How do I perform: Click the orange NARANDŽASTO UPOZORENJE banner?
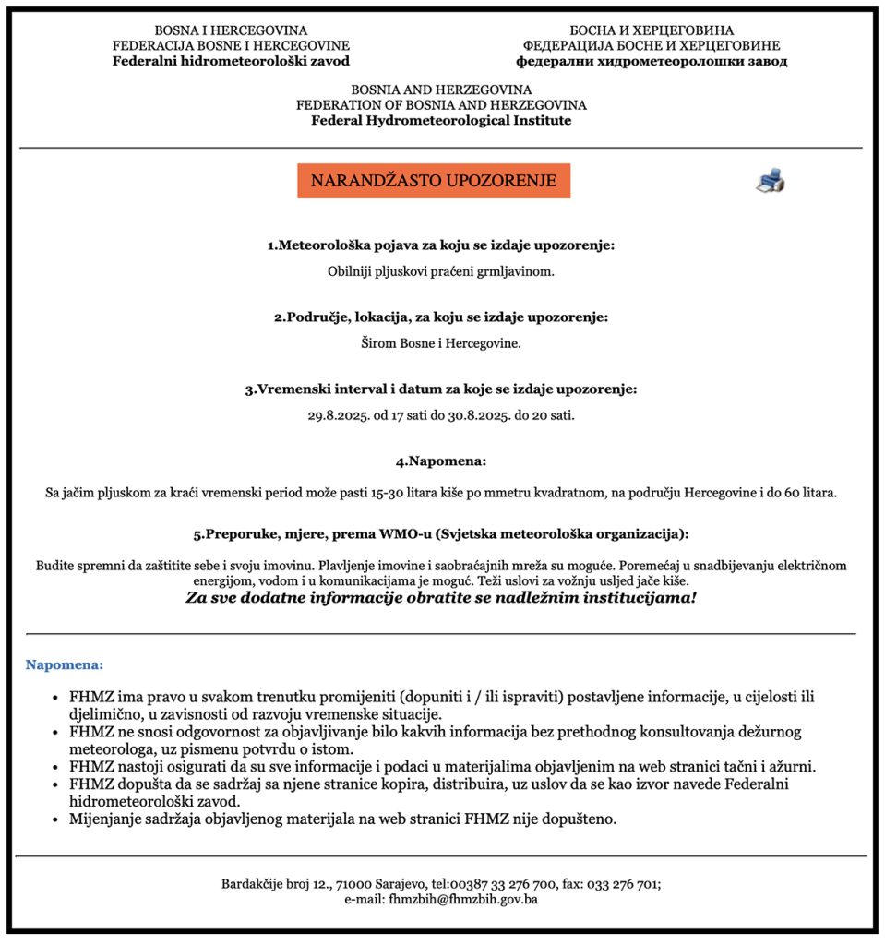[x=433, y=181]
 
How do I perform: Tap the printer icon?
[x=770, y=181]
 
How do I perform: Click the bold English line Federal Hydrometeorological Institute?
[x=441, y=121]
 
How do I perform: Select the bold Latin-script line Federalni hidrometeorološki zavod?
[x=231, y=62]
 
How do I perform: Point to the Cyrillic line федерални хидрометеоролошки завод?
[x=652, y=62]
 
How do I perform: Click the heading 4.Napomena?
[x=441, y=461]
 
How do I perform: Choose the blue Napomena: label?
[x=65, y=664]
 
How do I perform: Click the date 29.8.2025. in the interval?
[x=339, y=415]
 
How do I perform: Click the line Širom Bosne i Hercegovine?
[x=441, y=343]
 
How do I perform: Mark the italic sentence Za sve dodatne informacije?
[x=441, y=598]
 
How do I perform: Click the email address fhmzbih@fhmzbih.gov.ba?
[x=463, y=899]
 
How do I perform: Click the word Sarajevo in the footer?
[x=401, y=883]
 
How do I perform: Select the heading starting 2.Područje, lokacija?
[x=441, y=317]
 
